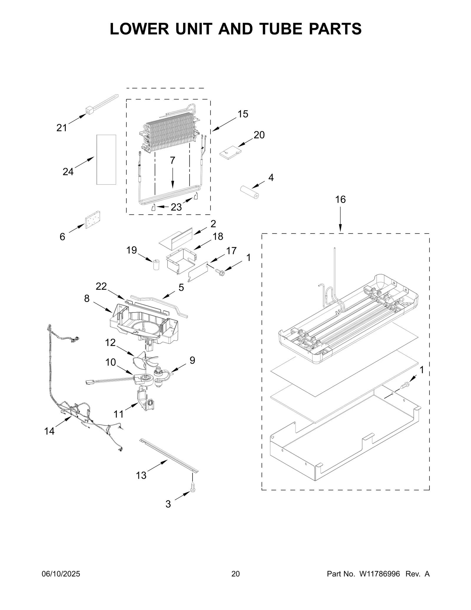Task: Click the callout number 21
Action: tap(62, 128)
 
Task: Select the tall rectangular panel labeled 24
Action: tap(106, 160)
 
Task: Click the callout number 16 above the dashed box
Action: tap(340, 200)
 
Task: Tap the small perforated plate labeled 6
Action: tap(92, 219)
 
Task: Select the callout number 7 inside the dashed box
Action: tap(173, 161)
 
